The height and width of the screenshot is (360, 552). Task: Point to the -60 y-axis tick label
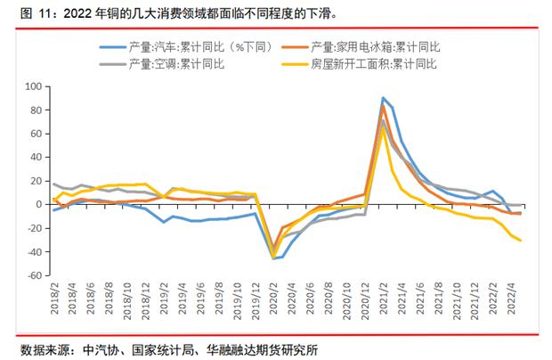click(34, 275)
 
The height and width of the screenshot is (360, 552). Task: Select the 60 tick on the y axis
click(37, 134)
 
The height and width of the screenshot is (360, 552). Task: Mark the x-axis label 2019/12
click(252, 306)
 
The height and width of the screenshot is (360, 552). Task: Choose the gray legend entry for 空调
click(178, 64)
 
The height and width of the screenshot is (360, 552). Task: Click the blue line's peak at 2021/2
click(383, 98)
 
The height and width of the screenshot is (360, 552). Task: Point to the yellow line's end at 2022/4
click(520, 240)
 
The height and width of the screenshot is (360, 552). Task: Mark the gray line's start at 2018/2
click(54, 184)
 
